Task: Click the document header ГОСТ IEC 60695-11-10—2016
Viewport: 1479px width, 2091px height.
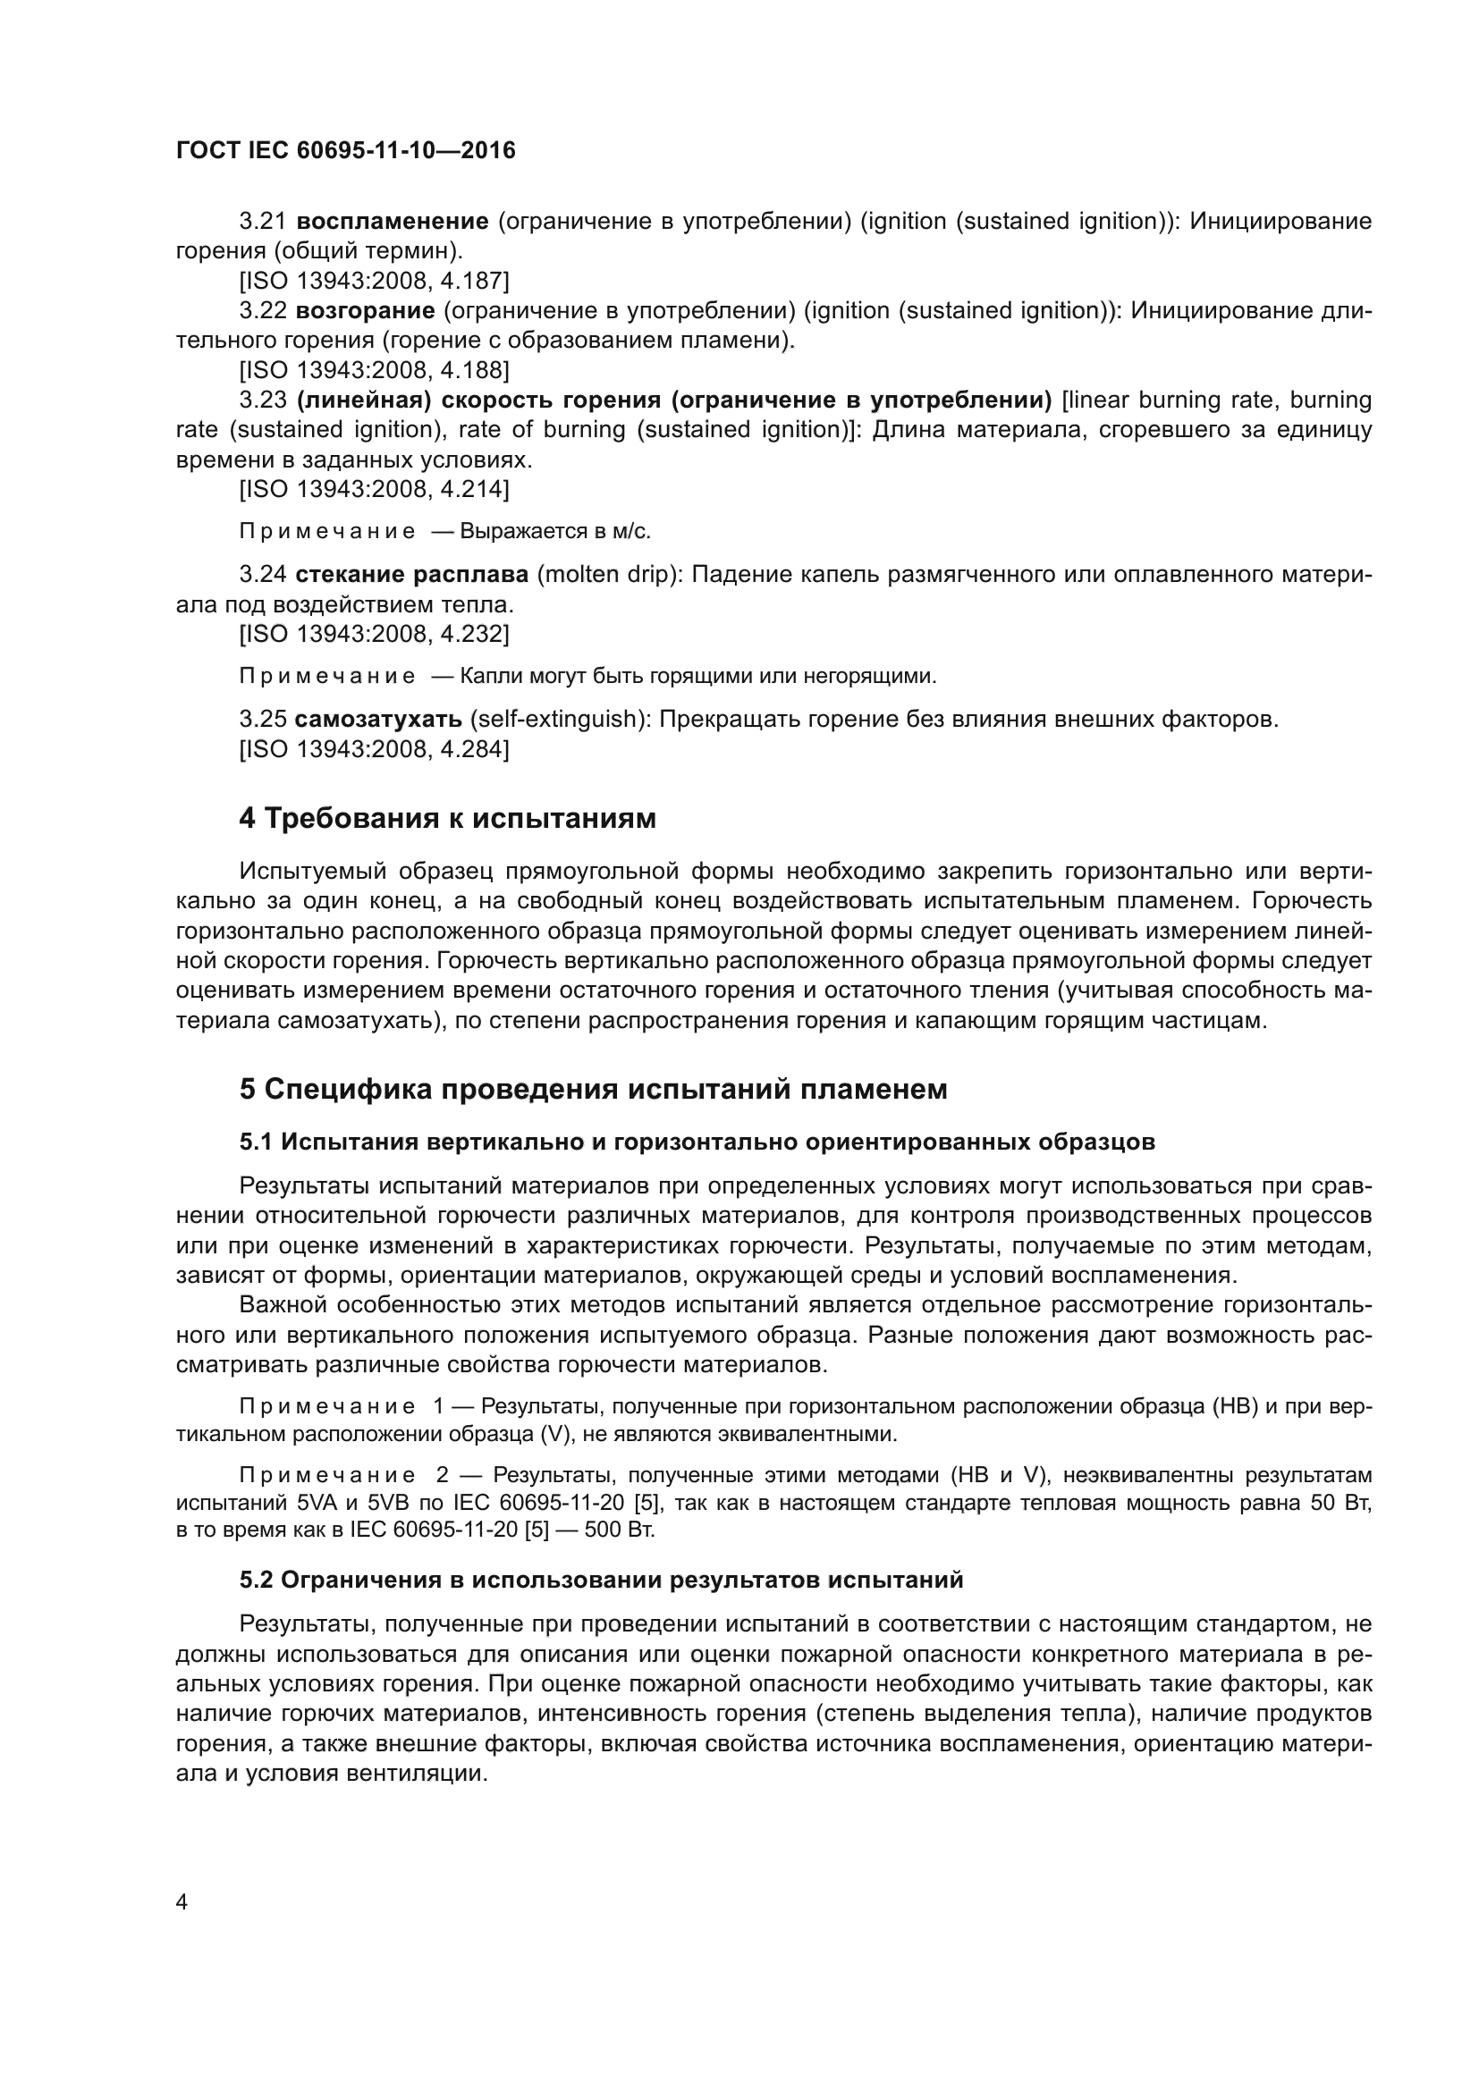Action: point(345,150)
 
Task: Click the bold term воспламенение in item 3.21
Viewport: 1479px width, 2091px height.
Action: point(393,222)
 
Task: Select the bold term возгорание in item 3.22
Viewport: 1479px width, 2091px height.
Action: point(364,310)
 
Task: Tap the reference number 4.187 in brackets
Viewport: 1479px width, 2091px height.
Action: point(470,281)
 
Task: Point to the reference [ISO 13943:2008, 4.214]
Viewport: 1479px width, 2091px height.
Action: point(374,489)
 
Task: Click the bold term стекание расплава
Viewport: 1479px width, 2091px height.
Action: point(411,575)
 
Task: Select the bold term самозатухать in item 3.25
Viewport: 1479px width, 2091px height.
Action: point(378,720)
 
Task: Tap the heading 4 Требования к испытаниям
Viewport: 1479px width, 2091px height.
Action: point(447,819)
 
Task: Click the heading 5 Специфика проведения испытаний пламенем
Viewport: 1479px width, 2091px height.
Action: point(593,1089)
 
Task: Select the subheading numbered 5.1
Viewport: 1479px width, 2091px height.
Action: point(697,1142)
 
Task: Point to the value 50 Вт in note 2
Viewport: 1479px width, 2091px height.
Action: point(1340,1503)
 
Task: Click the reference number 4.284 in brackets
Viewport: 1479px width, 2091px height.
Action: point(470,749)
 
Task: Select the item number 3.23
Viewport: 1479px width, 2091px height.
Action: point(262,400)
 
